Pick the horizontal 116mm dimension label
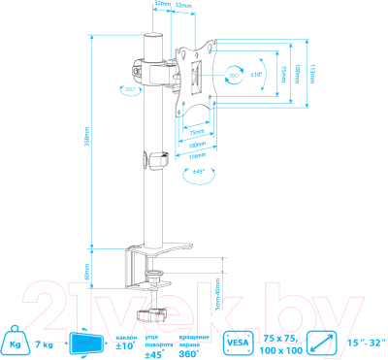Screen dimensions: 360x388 coord(198,154)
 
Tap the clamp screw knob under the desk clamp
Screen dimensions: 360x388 coord(151,314)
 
